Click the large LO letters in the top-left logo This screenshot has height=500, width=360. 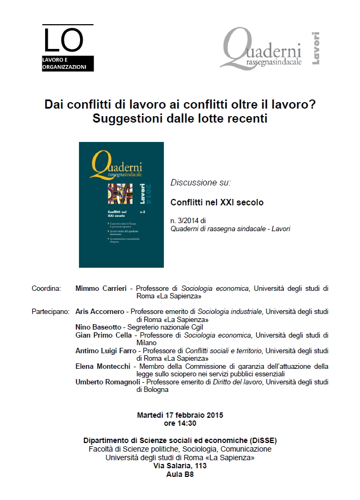click(x=63, y=40)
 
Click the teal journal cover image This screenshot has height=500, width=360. click(x=121, y=204)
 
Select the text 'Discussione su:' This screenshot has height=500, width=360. click(x=200, y=182)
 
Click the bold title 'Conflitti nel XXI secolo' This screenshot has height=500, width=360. click(x=209, y=203)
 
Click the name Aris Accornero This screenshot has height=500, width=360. click(x=100, y=311)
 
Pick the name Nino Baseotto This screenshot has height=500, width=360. click(x=98, y=326)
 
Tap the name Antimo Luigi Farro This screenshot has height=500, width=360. click(x=105, y=351)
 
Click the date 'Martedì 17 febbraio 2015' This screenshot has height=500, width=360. click(x=180, y=415)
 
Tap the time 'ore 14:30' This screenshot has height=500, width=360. click(x=180, y=423)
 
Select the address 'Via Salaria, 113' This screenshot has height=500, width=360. click(x=180, y=466)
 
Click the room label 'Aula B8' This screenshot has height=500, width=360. click(x=180, y=474)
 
